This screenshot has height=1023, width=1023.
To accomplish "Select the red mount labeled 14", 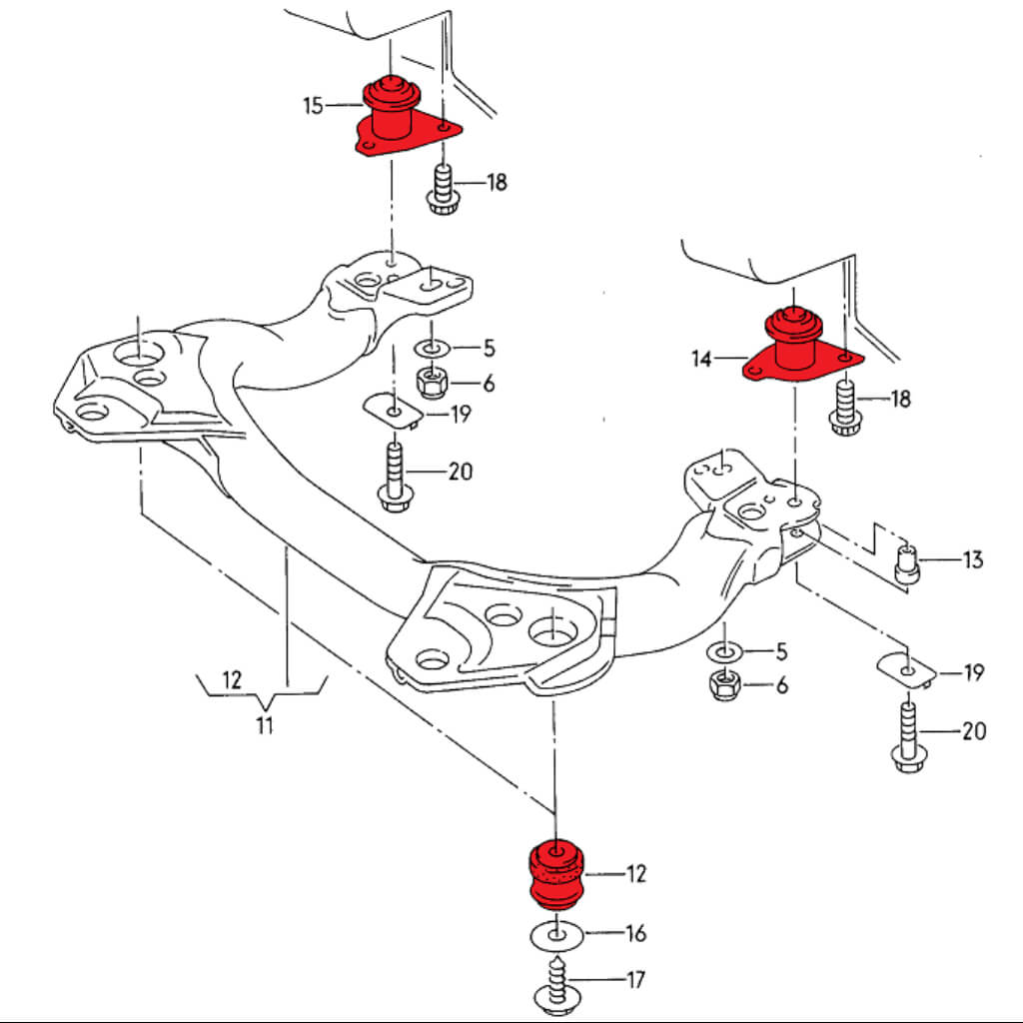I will click(x=795, y=350).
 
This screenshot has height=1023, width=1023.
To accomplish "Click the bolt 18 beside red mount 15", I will click(x=441, y=190).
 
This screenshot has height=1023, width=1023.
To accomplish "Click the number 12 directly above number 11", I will click(x=232, y=680).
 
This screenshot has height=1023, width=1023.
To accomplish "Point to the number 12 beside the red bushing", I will click(x=635, y=874).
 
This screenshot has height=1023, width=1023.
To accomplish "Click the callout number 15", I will click(x=314, y=105).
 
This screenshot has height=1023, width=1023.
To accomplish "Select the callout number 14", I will click(x=702, y=358).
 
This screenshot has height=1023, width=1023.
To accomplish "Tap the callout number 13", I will click(x=973, y=559).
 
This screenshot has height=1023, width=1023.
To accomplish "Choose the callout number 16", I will click(x=635, y=934).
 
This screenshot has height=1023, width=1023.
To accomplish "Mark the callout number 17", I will click(x=635, y=980).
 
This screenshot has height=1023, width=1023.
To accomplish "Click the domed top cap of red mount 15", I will click(x=391, y=92).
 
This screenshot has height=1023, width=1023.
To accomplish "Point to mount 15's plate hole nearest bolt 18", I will click(x=443, y=127).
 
